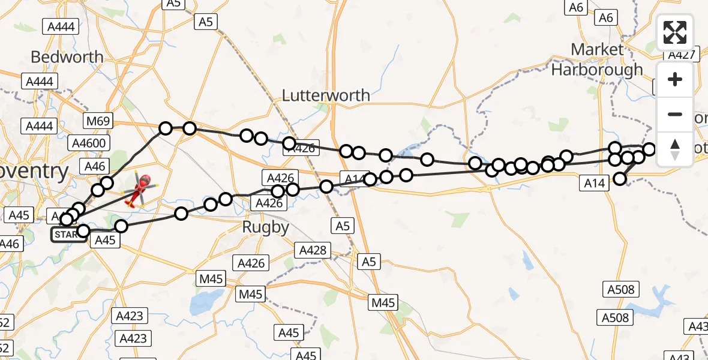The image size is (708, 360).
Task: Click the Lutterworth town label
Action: click(x=326, y=95)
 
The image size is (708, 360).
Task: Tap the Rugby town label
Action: click(x=265, y=227)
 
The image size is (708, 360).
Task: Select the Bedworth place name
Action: click(x=67, y=58)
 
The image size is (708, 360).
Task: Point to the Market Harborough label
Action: click(x=597, y=60)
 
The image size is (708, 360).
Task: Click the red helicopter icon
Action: click(x=139, y=188)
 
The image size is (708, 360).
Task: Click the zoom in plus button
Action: click(x=675, y=79)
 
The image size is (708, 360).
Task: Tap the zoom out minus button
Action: click(x=675, y=114)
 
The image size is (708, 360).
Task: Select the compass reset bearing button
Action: click(x=675, y=149)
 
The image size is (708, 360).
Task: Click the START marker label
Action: click(x=65, y=235)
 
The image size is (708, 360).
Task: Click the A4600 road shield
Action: click(x=88, y=143)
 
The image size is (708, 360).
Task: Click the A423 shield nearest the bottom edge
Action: click(x=133, y=338)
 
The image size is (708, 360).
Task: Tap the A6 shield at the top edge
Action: click(x=575, y=7)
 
